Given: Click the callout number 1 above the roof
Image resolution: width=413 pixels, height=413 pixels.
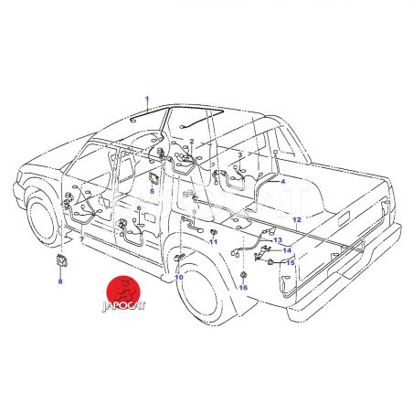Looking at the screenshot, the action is [147, 99].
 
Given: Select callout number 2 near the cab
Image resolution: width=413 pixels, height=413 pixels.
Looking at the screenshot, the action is [192, 141].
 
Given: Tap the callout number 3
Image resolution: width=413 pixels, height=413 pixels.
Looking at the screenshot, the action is [240, 154].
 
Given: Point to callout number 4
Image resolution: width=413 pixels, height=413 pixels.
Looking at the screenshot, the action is [283, 182].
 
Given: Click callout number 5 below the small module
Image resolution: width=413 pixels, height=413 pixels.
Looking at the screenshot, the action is [152, 191].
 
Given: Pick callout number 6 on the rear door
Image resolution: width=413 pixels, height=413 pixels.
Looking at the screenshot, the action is [139, 208].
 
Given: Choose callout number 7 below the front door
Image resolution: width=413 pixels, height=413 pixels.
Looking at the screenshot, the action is [81, 239].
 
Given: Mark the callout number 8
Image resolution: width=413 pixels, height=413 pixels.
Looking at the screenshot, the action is [60, 281].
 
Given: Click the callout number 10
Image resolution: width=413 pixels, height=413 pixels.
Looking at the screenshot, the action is [179, 277].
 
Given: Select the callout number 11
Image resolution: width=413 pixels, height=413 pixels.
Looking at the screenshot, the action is [213, 242].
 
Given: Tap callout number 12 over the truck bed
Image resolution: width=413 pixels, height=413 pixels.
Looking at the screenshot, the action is [297, 219].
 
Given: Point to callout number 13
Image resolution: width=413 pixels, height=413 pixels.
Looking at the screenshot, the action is [278, 240].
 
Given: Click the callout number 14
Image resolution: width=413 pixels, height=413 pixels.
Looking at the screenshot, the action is [287, 250].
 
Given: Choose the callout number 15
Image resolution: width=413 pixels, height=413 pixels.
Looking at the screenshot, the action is [291, 262].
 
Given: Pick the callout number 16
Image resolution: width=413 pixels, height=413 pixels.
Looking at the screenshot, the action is [243, 287].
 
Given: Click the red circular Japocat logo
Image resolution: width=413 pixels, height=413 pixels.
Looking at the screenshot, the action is [123, 294].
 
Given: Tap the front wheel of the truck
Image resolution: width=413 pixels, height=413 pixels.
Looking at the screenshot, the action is [43, 220].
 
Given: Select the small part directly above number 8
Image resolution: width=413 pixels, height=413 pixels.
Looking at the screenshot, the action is [62, 259].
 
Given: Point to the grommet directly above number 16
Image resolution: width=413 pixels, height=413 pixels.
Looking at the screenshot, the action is [244, 275].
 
